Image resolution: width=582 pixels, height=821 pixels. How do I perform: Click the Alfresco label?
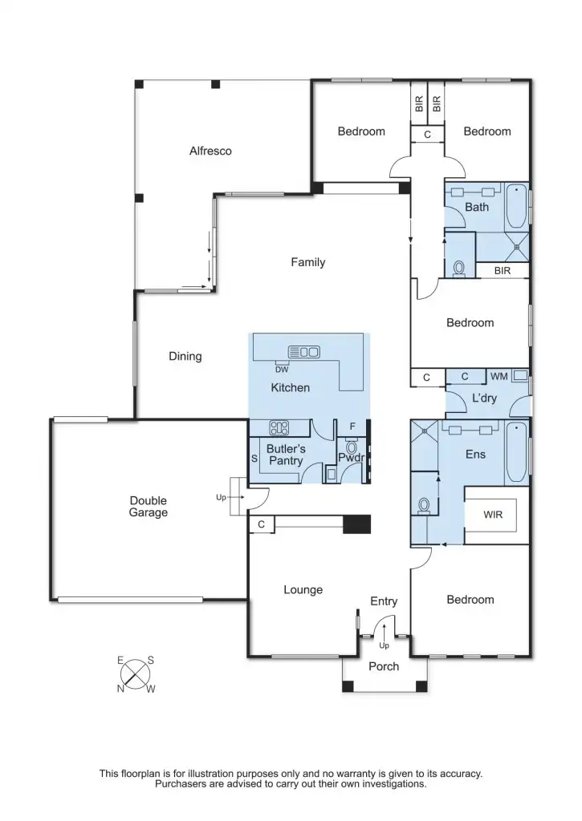point(210,151)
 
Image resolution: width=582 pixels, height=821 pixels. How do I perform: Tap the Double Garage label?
point(149,506)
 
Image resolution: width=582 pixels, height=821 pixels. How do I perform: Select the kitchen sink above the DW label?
point(304,351)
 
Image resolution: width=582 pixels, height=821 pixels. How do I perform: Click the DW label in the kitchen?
point(281,369)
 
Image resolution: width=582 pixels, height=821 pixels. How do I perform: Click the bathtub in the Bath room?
point(518,207)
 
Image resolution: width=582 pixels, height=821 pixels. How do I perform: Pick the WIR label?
point(493,515)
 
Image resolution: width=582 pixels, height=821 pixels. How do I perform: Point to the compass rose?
point(136,673)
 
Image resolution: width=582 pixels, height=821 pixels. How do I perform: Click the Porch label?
point(384,666)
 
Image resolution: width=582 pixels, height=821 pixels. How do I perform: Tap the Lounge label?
point(303,590)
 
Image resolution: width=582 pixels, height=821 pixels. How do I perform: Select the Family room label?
point(307,262)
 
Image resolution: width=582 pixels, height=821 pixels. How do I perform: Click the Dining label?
point(185,357)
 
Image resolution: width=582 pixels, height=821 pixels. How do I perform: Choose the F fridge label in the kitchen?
point(352,427)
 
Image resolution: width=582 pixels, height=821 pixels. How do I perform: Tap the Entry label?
point(384,601)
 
